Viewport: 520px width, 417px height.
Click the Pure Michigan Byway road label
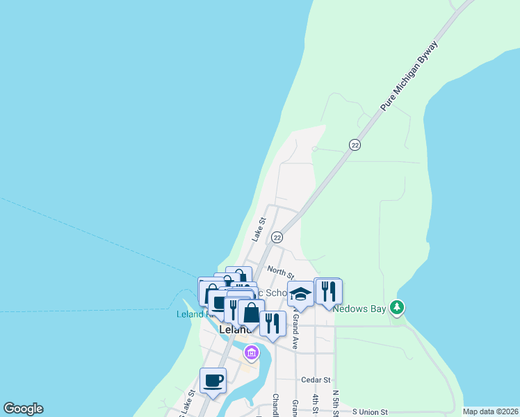coord(411,76)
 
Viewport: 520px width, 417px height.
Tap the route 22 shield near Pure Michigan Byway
coord(355,145)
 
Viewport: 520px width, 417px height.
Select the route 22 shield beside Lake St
coord(277,237)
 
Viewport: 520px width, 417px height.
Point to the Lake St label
coord(259,229)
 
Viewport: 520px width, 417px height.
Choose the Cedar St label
coord(316,380)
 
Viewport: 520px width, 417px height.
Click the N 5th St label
coord(335,404)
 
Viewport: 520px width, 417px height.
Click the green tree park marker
coord(397,306)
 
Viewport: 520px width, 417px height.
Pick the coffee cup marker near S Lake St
coord(213,380)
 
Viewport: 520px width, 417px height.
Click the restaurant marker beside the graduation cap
coord(328,291)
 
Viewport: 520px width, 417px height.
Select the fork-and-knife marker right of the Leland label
coord(273,323)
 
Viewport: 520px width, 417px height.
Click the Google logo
coord(23,409)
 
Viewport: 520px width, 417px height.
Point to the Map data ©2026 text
coord(489,411)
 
